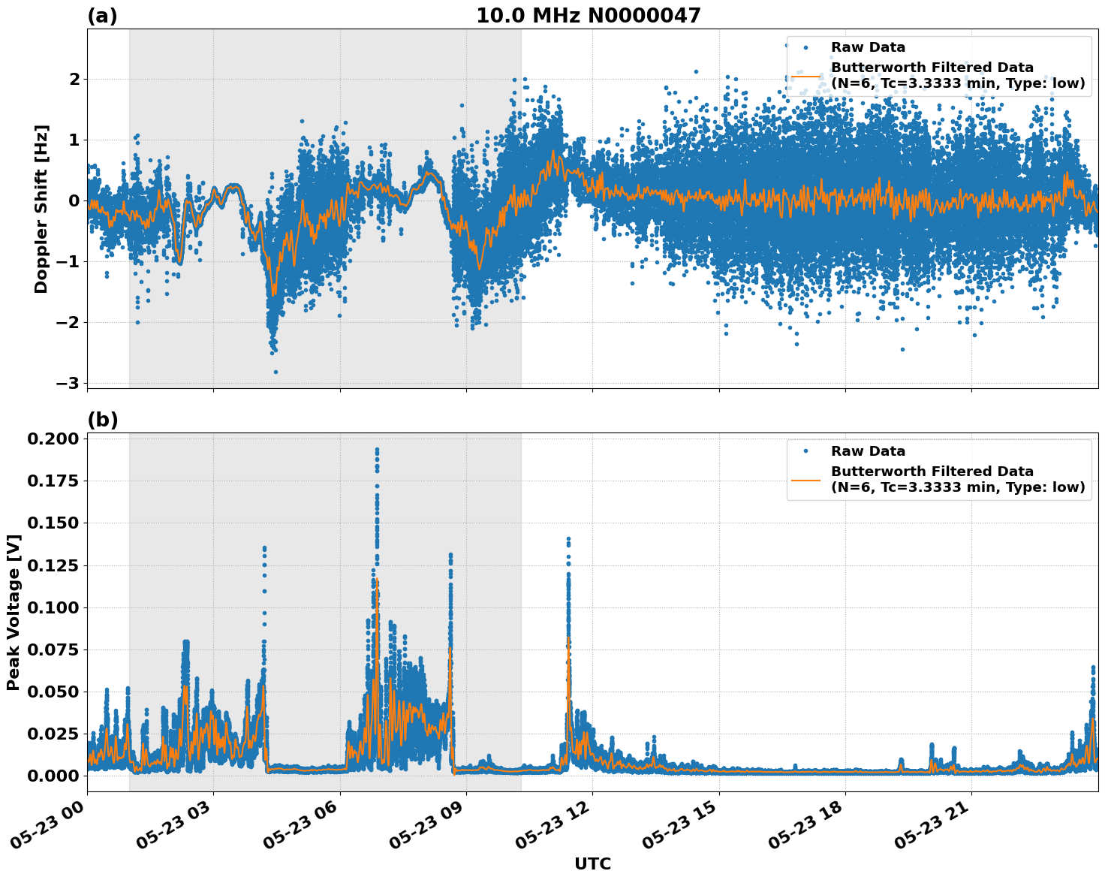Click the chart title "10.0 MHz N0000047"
click(588, 16)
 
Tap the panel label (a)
click(102, 16)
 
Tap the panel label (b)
click(102, 420)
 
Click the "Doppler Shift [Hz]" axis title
click(41, 209)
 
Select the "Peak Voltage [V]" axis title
click(13, 612)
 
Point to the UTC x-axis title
click(592, 863)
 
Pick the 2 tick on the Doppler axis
click(74, 79)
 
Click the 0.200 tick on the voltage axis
click(53, 438)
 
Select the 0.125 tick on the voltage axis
click(53, 565)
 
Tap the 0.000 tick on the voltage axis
click(53, 776)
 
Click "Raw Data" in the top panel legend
click(868, 47)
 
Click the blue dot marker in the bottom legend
click(805, 451)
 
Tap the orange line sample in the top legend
click(805, 76)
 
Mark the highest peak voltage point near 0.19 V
click(377, 450)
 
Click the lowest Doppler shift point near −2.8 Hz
click(275, 372)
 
